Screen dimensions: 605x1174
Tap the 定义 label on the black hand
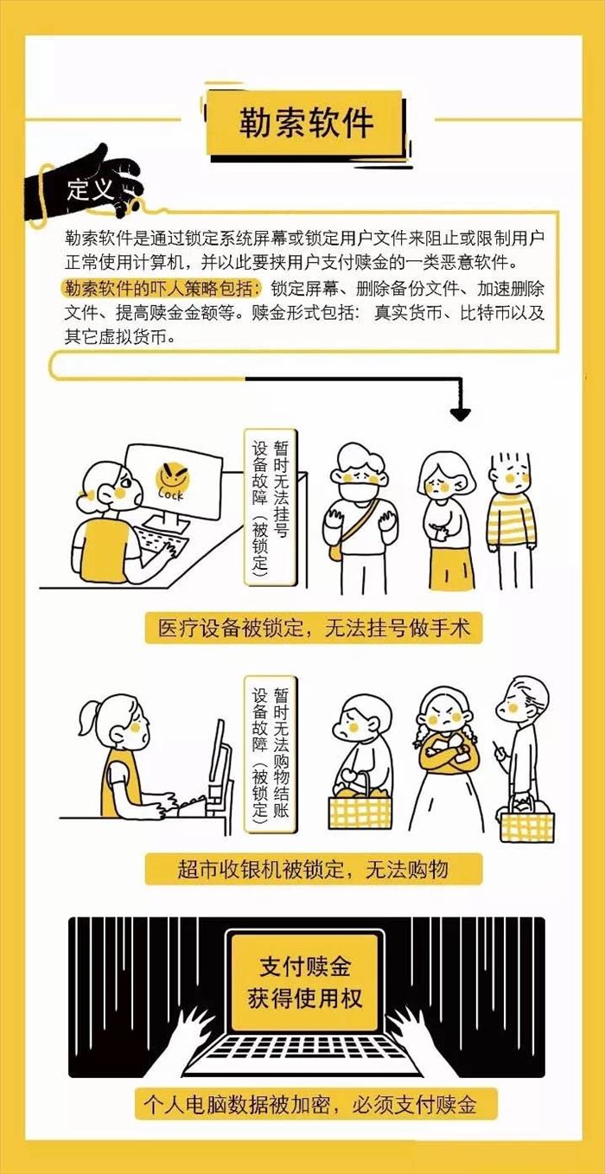(x=90, y=188)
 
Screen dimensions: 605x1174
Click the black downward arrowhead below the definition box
(x=461, y=413)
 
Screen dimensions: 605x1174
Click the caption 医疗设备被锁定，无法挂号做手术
(x=314, y=628)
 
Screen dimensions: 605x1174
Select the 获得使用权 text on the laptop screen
(x=305, y=999)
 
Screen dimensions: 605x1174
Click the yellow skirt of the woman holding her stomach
(x=451, y=567)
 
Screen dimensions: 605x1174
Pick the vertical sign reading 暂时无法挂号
(x=271, y=507)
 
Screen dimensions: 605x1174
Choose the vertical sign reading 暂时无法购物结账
(x=271, y=755)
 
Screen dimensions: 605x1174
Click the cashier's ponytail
(x=87, y=717)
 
